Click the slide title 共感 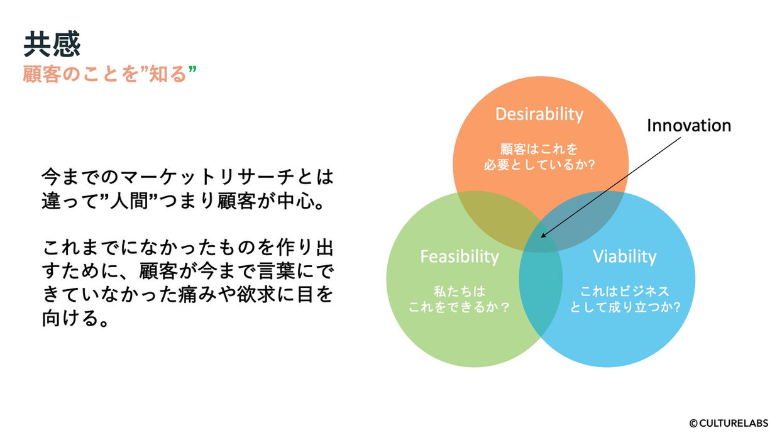[52, 45]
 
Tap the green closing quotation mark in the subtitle [192, 69]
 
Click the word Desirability [539, 114]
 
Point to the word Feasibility [460, 256]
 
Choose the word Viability [625, 256]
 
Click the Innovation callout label [689, 125]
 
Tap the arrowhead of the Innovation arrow [544, 236]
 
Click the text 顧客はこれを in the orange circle [539, 149]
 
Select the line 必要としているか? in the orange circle [539, 165]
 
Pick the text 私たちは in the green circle [460, 292]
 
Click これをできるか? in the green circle [459, 307]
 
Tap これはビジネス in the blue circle [625, 292]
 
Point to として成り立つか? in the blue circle [625, 307]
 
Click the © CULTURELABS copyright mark [729, 423]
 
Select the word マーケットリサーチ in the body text [207, 177]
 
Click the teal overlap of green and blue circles [541, 290]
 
